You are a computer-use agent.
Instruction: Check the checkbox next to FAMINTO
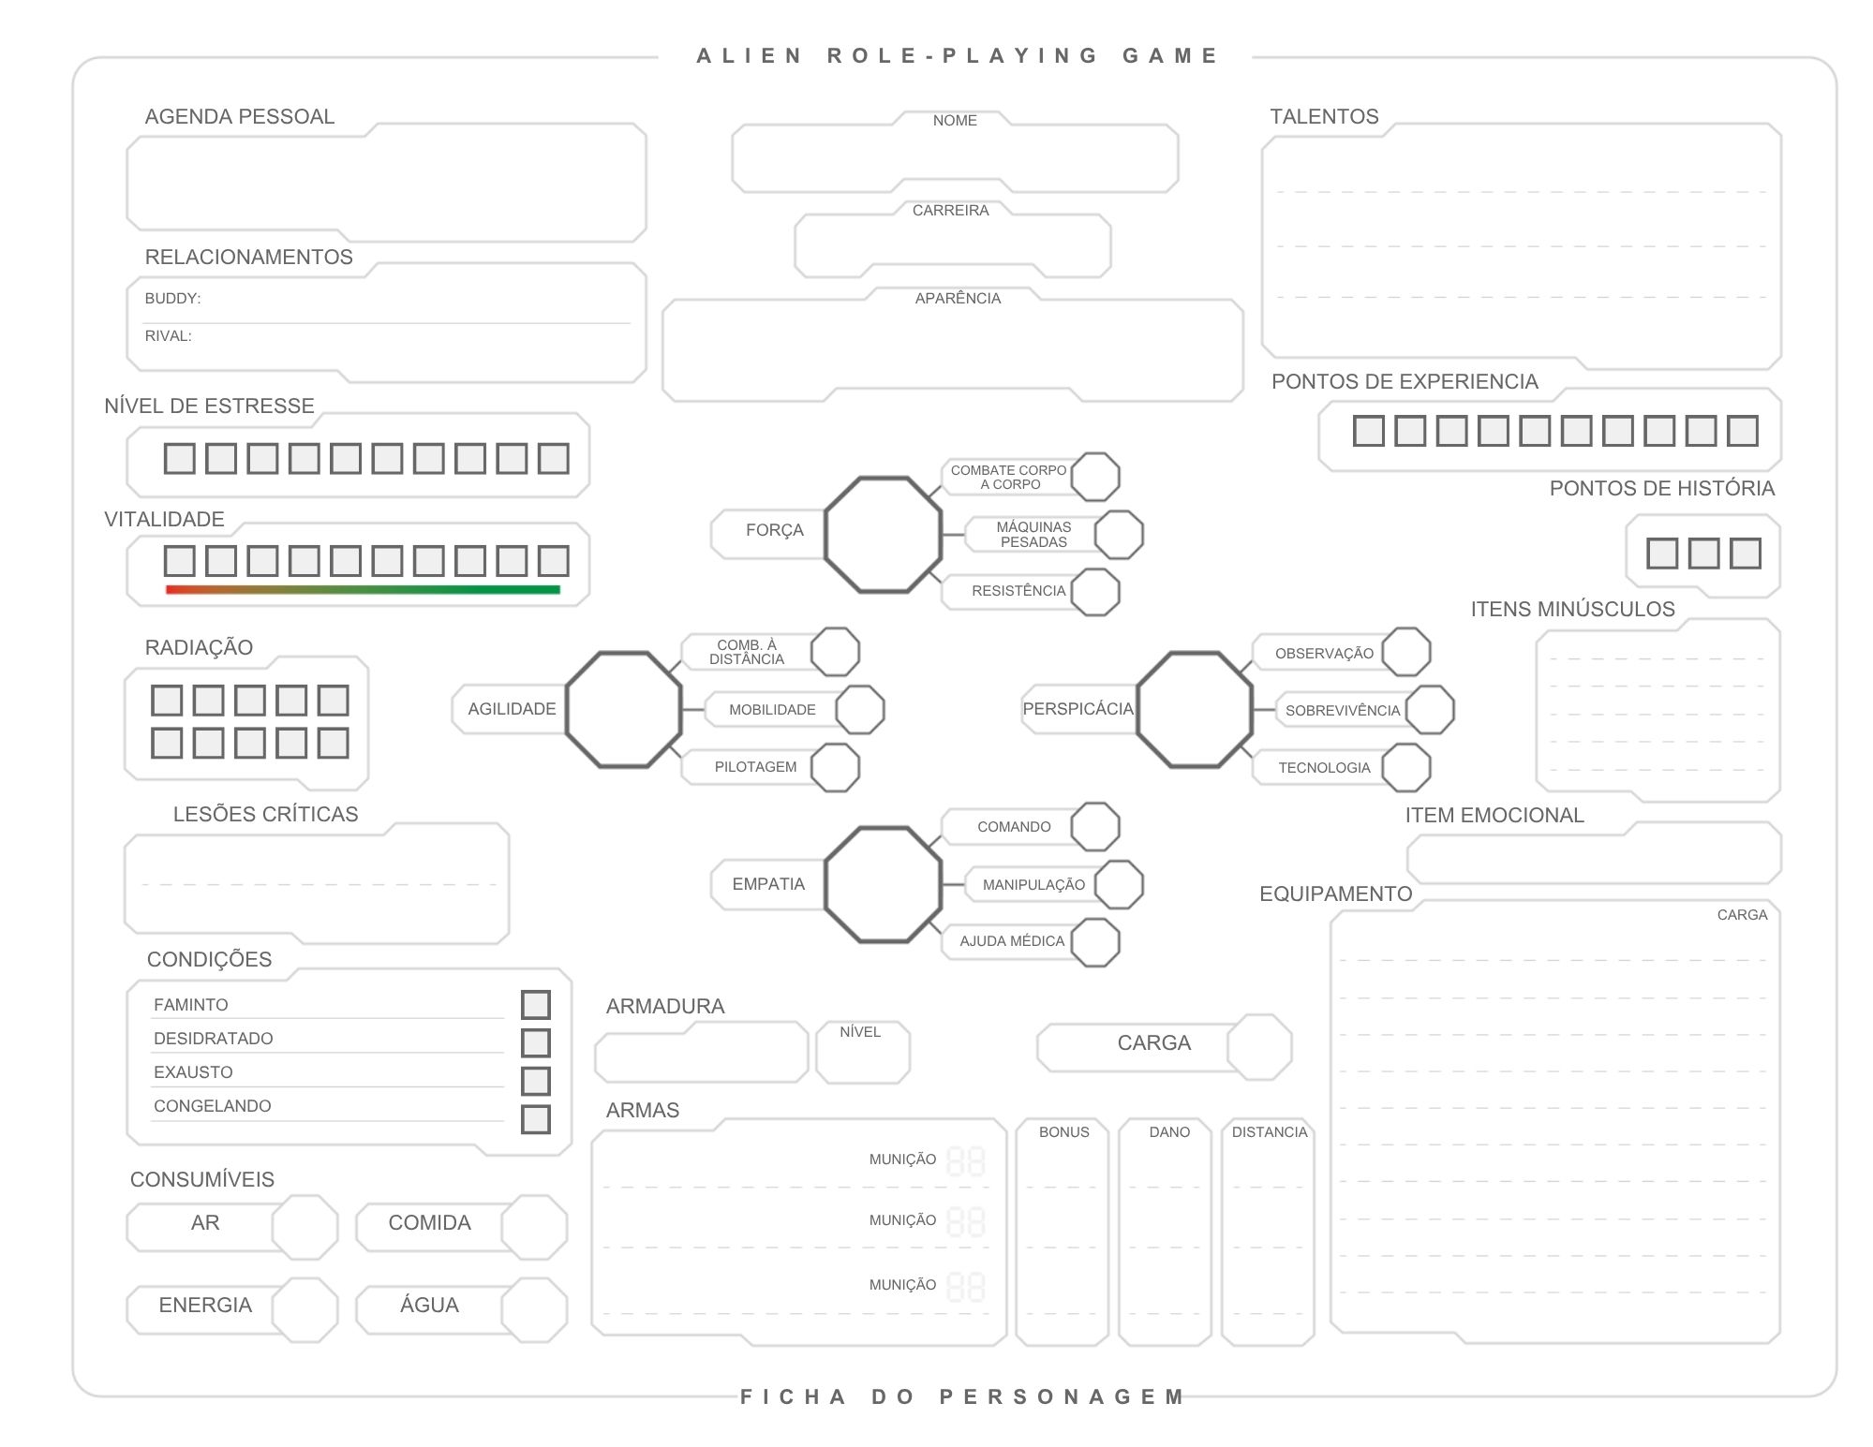[535, 1005]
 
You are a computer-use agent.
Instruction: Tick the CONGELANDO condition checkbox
[535, 1119]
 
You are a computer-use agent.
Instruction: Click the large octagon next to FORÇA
[883, 535]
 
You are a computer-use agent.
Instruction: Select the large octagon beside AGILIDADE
[624, 710]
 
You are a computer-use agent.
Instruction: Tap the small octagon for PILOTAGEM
[835, 767]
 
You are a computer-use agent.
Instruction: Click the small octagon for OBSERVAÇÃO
[1406, 652]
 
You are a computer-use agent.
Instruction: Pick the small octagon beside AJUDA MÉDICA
[1095, 942]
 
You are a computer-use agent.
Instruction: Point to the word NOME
[955, 121]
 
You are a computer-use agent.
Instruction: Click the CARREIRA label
[951, 211]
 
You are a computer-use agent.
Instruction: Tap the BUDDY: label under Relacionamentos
[172, 299]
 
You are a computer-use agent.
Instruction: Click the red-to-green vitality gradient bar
[363, 589]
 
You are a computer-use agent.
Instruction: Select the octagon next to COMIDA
[534, 1227]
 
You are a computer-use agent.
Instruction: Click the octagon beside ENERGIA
[305, 1309]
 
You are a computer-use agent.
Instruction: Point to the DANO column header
[1169, 1132]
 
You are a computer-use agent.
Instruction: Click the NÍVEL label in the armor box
[860, 1032]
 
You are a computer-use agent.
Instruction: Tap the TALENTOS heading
[1324, 117]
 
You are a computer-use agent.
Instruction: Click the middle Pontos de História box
[1703, 554]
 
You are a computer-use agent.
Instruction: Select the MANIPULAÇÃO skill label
[1033, 885]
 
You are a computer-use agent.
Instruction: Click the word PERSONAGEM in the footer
[1063, 1397]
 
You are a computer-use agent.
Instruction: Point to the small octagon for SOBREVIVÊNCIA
[1430, 710]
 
